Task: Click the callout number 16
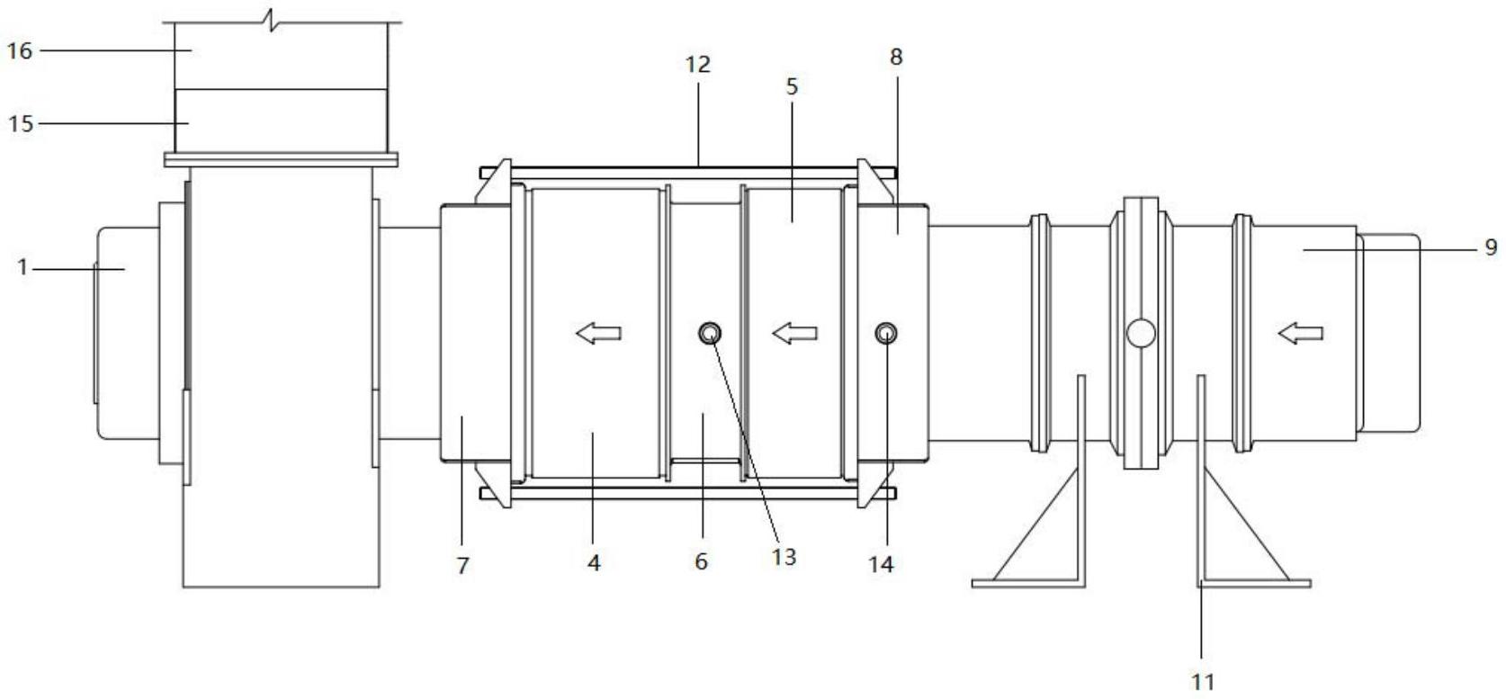coord(20,50)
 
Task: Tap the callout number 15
coord(21,123)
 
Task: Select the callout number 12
coord(698,65)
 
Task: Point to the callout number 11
coord(1204,682)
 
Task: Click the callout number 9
coord(1492,248)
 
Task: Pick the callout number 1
coord(22,267)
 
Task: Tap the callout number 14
coord(882,565)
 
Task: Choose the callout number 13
coord(784,557)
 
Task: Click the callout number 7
coord(462,566)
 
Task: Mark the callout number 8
coord(896,58)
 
